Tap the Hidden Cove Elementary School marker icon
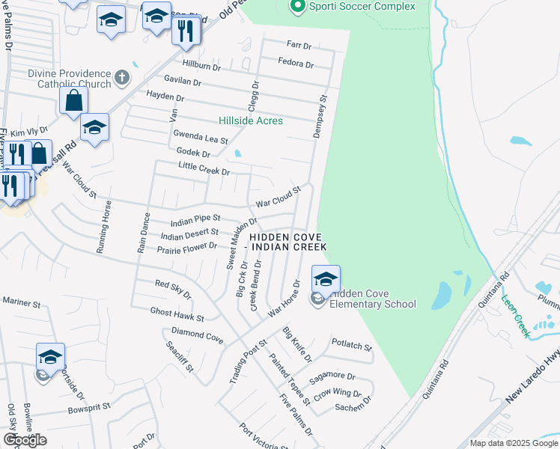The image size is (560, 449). tap(326, 279)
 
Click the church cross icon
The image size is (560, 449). tap(122, 76)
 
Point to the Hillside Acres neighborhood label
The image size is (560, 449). tap(251, 120)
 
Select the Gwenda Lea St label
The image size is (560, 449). tap(200, 137)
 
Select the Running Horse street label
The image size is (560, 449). tap(106, 230)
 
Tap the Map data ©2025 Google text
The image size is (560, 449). tap(514, 443)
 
